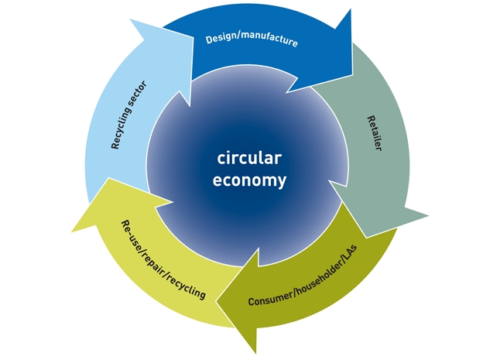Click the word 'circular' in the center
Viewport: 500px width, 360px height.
point(249,158)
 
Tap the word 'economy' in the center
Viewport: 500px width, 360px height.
point(249,180)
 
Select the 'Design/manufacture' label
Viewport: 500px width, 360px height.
point(252,39)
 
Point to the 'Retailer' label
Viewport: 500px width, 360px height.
point(375,133)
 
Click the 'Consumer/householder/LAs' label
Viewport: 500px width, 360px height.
point(303,276)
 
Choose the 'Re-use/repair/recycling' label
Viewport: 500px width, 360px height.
point(163,259)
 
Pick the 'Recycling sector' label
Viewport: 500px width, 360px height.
point(128,115)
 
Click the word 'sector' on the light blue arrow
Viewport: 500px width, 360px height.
point(139,94)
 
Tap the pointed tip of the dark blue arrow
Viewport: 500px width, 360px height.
point(351,9)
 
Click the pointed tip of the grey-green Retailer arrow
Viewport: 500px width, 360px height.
point(428,215)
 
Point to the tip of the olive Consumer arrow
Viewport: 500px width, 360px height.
point(216,301)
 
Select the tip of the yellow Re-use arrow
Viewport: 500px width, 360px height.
point(71,231)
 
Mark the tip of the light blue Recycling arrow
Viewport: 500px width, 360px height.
point(130,19)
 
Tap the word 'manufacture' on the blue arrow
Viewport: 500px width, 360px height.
point(269,39)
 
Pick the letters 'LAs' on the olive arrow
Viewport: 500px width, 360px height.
point(350,252)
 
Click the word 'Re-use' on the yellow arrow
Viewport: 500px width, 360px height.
point(132,231)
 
